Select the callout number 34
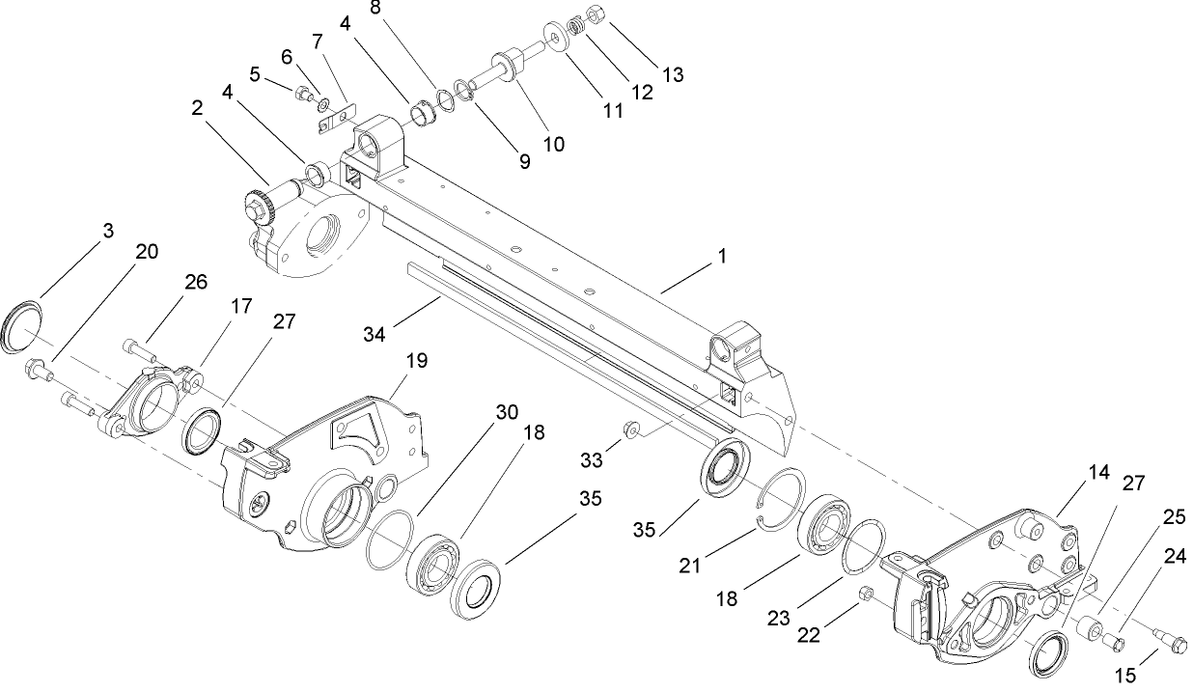click(x=375, y=334)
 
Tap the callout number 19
click(x=416, y=361)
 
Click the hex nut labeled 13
click(x=596, y=16)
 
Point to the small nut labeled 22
click(x=866, y=592)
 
